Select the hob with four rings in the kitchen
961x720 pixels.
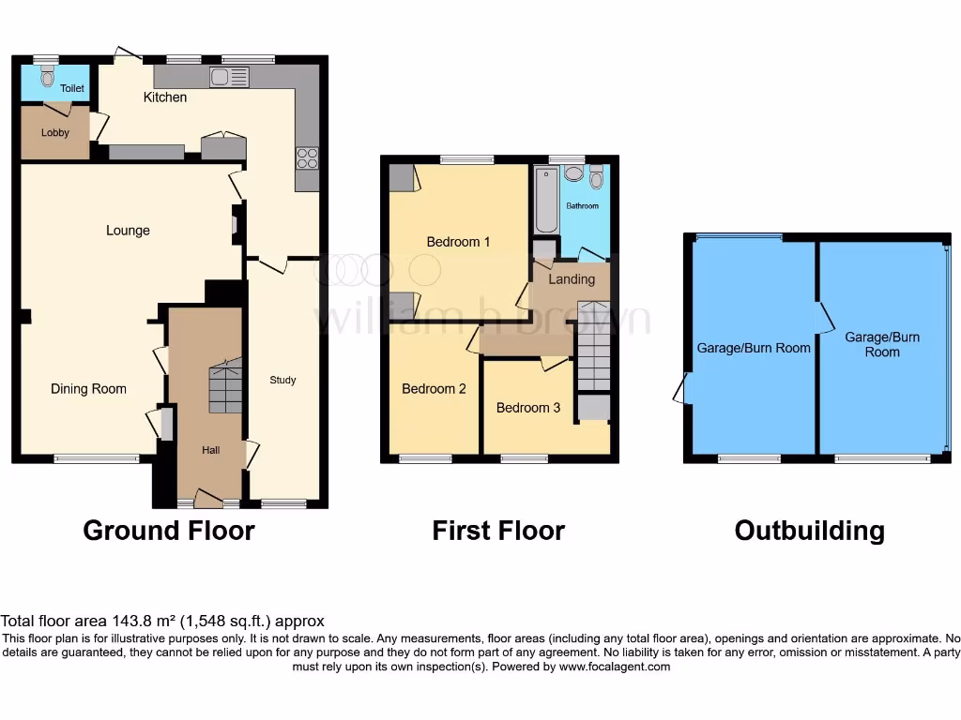click(x=307, y=157)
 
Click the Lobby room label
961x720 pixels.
click(x=55, y=133)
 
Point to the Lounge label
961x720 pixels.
click(x=128, y=231)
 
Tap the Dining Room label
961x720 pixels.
click(x=88, y=389)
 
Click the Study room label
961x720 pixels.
click(x=282, y=380)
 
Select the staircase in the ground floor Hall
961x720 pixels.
click(x=225, y=387)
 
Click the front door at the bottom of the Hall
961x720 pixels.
click(x=208, y=499)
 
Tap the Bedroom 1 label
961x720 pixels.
click(x=458, y=242)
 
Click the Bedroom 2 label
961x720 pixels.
click(x=434, y=389)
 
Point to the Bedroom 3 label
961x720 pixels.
click(x=528, y=408)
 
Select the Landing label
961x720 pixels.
click(x=572, y=279)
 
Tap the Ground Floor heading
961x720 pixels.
click(x=169, y=531)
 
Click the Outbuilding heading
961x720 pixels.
click(x=809, y=531)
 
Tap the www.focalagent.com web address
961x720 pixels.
click(x=615, y=667)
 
